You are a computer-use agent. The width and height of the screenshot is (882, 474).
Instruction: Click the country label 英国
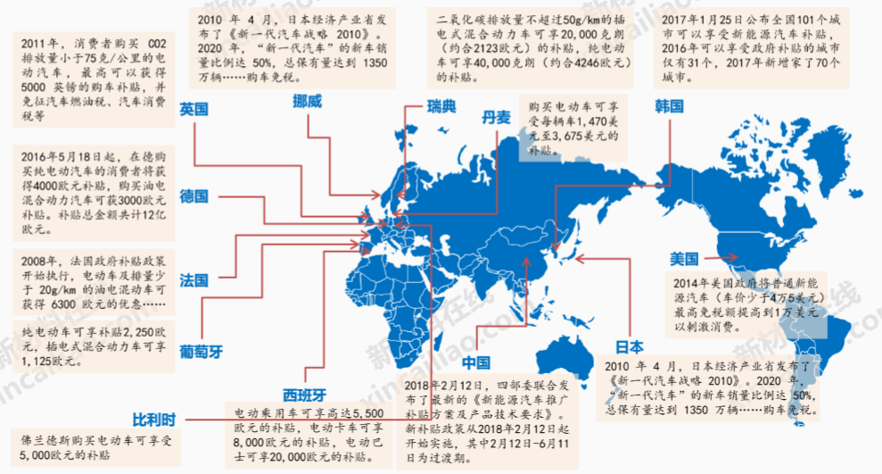click(x=194, y=109)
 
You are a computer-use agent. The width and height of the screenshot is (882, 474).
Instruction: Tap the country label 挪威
click(x=308, y=101)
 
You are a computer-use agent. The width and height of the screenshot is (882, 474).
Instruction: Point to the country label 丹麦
click(x=497, y=117)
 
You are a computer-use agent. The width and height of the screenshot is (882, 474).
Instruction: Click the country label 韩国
click(x=669, y=105)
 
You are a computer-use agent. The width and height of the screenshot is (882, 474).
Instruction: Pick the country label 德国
click(x=194, y=195)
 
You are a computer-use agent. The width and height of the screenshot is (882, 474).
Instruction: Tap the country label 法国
click(x=194, y=279)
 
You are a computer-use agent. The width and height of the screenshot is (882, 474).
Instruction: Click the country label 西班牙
click(x=304, y=394)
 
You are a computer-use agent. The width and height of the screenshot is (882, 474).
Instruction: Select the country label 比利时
click(x=155, y=419)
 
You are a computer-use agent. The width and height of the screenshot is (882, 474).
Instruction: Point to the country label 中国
click(x=476, y=362)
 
